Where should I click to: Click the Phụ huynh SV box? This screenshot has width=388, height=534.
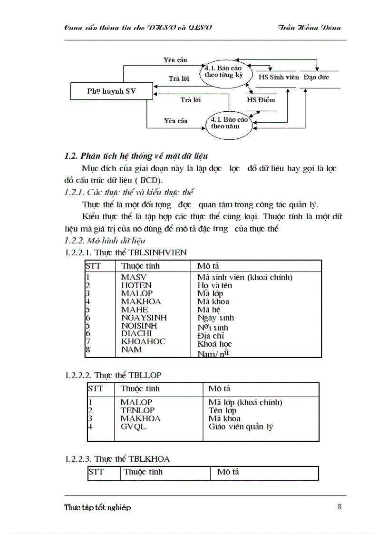click(x=111, y=91)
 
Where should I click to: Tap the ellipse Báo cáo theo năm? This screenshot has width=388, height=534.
click(x=229, y=123)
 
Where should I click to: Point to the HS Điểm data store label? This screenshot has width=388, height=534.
click(x=261, y=100)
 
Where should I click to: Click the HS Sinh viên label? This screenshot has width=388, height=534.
click(x=277, y=77)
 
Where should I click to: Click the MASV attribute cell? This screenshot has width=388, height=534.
click(x=134, y=277)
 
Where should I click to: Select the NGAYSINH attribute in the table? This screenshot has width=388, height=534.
click(x=144, y=318)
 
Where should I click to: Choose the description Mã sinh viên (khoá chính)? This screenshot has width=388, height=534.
click(x=244, y=277)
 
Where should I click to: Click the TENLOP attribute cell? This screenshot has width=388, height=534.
click(x=137, y=410)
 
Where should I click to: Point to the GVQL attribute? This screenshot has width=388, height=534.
click(x=133, y=427)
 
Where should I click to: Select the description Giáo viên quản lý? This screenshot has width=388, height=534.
click(x=241, y=427)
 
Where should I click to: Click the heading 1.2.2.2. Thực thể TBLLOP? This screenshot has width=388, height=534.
click(x=116, y=375)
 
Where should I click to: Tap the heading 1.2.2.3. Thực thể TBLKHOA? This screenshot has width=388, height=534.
click(x=117, y=459)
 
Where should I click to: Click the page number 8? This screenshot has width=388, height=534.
click(x=339, y=506)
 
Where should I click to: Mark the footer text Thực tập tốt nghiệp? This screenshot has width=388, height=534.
click(x=97, y=507)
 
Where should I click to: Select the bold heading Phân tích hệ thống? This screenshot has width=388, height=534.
click(x=136, y=156)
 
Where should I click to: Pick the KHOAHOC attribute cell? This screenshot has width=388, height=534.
click(x=143, y=341)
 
